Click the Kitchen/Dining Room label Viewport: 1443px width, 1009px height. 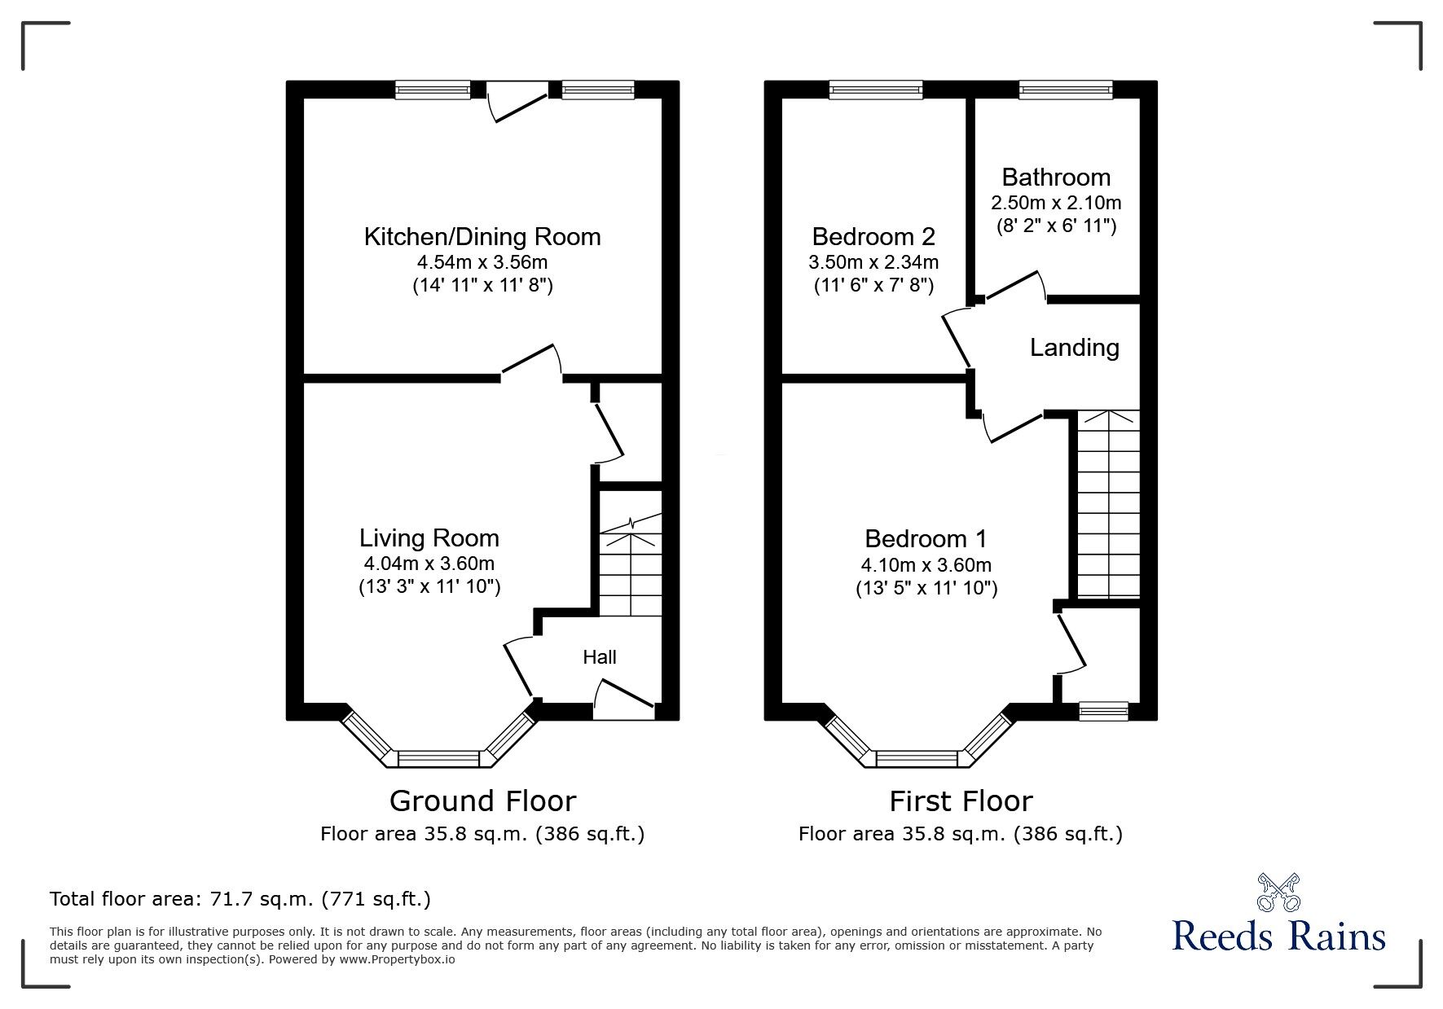pos(482,237)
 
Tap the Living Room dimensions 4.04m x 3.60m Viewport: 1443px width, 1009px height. pos(429,564)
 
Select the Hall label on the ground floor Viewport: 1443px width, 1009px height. pos(599,657)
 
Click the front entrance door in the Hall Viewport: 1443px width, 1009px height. pos(623,700)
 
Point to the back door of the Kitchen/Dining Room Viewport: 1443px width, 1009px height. pos(517,106)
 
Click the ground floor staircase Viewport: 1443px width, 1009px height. pos(631,570)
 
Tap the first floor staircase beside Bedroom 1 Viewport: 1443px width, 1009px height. pos(1107,505)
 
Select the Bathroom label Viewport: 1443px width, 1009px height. pos(1056,178)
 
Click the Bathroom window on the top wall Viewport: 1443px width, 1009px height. pos(1065,90)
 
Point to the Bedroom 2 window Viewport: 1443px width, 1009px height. pos(876,90)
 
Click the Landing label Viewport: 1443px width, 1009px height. pos(1074,348)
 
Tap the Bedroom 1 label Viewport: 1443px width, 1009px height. pos(926,539)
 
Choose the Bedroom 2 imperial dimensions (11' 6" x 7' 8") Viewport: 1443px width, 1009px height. pos(873,286)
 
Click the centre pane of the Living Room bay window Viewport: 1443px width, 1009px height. pos(438,759)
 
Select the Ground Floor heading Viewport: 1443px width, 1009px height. pos(482,801)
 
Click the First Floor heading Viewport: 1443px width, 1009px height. pos(961,801)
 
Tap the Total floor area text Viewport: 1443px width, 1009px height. pos(240,899)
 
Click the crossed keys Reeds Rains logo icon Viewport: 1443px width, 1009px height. pos(1279,892)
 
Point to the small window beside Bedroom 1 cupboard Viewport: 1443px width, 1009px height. pos(1103,712)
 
